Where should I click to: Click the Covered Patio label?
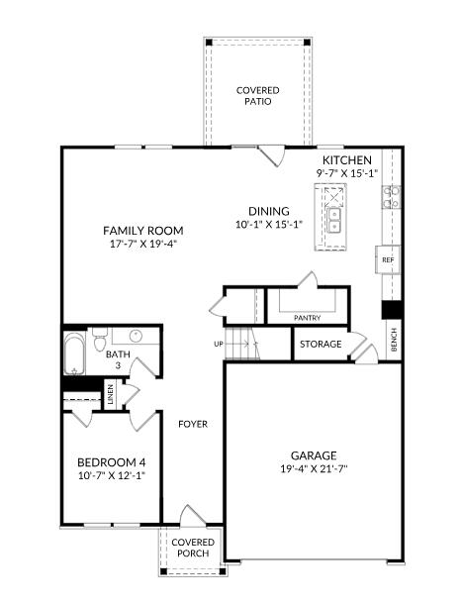pyautogui.click(x=258, y=96)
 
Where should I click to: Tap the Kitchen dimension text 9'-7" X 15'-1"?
pyautogui.click(x=347, y=173)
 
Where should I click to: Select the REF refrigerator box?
pyautogui.click(x=388, y=259)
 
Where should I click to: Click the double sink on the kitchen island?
pyautogui.click(x=334, y=221)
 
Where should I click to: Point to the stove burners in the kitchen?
pyautogui.click(x=391, y=197)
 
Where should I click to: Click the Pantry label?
pyautogui.click(x=308, y=318)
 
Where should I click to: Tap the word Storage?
pyautogui.click(x=321, y=344)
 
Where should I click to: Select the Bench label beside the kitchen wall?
pyautogui.click(x=394, y=340)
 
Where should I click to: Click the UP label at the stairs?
pyautogui.click(x=219, y=344)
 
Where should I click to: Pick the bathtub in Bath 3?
pyautogui.click(x=73, y=353)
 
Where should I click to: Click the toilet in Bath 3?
pyautogui.click(x=100, y=339)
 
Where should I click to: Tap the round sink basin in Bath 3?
pyautogui.click(x=136, y=336)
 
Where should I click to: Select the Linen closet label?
pyautogui.click(x=111, y=394)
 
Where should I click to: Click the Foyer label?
pyautogui.click(x=193, y=424)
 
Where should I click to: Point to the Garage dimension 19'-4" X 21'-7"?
pyautogui.click(x=314, y=469)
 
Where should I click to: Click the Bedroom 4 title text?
pyautogui.click(x=112, y=462)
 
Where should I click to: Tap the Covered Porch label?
pyautogui.click(x=193, y=548)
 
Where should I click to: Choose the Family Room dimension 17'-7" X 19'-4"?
pyautogui.click(x=143, y=244)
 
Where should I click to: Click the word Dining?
pyautogui.click(x=269, y=211)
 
